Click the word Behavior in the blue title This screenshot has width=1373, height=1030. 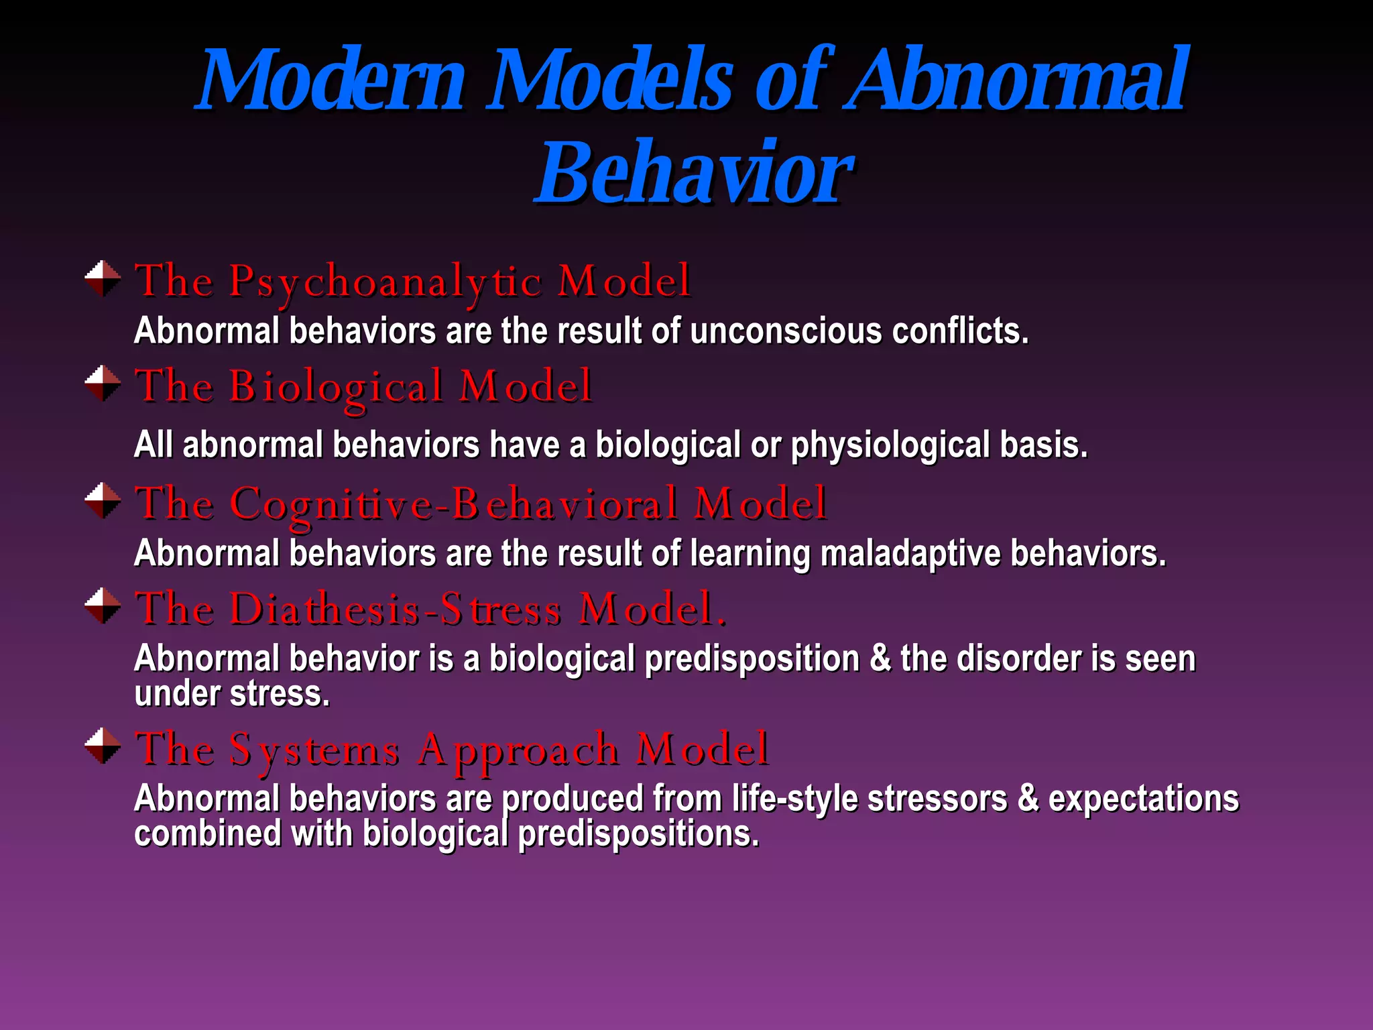point(694,173)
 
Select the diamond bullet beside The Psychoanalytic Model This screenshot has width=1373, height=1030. point(103,278)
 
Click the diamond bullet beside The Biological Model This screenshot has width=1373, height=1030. point(103,384)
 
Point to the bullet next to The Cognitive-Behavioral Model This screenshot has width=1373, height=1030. point(103,500)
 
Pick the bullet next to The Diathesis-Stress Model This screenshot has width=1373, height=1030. point(103,606)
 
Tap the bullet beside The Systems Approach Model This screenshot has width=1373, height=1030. point(103,746)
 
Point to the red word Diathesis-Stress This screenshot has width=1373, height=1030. point(396,610)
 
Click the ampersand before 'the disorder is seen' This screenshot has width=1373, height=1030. point(880,659)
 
